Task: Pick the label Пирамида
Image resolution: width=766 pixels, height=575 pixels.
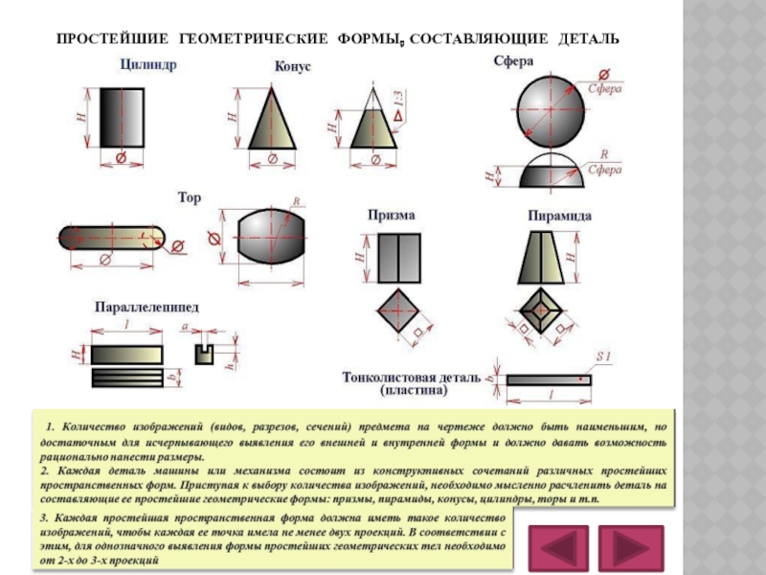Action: pos(559,216)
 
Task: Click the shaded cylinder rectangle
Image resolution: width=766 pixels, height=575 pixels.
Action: pos(123,117)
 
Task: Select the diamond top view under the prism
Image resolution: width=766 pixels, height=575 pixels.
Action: pos(397,310)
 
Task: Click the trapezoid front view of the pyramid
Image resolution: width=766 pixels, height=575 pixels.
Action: pos(542,259)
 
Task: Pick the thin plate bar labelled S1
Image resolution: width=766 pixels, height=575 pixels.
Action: pos(549,379)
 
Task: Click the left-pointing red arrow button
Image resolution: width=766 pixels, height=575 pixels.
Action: pos(558,547)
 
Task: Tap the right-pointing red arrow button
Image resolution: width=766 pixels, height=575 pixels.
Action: pos(628,547)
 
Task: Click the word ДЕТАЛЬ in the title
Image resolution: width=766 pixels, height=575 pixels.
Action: pos(586,38)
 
